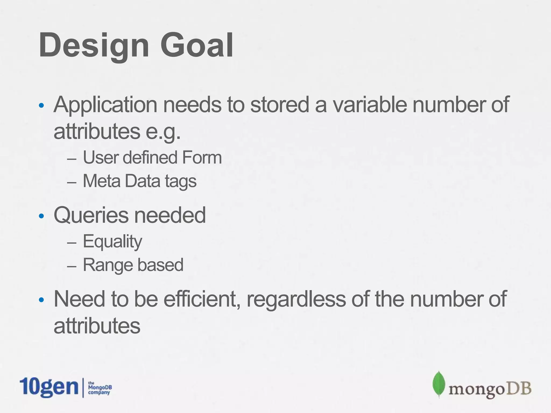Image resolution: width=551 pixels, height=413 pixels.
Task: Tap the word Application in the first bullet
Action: tap(105, 105)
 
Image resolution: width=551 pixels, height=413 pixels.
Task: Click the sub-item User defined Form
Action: tap(152, 158)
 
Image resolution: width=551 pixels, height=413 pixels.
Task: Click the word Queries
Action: tap(91, 216)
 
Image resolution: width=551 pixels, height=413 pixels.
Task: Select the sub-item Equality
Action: tap(112, 241)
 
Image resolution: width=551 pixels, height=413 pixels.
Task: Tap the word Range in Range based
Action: tap(108, 265)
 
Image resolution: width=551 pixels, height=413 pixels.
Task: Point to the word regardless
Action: tap(296, 300)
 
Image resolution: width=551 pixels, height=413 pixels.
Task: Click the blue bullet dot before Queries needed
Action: tap(41, 216)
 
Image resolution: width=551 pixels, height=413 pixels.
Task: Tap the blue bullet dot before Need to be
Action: tap(41, 300)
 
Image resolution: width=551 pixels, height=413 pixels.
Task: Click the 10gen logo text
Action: tap(49, 387)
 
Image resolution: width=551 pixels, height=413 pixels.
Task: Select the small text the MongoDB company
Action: tap(100, 388)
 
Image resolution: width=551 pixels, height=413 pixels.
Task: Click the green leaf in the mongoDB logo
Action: tap(439, 384)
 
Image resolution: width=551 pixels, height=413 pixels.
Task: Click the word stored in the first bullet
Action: tap(280, 105)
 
